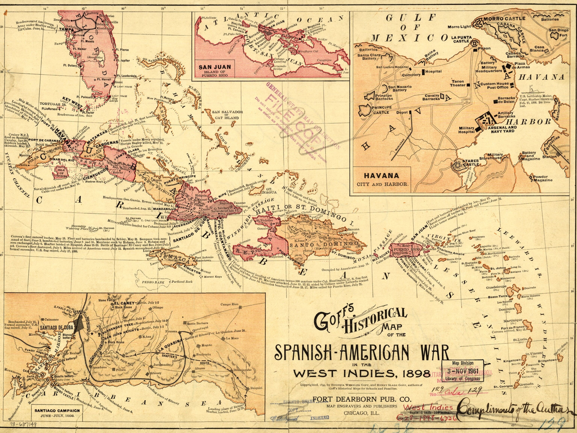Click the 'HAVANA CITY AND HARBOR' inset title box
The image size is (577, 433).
(382, 179)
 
